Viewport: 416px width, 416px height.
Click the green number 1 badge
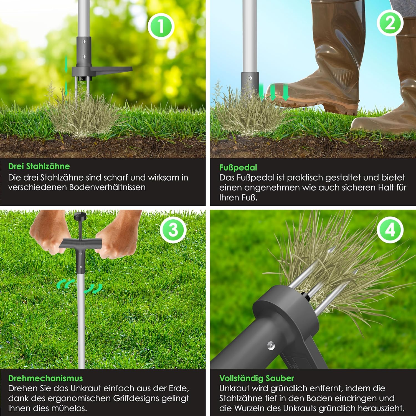(x=161, y=27)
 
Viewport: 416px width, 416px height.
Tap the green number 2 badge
(x=390, y=22)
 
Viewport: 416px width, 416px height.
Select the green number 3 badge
(x=173, y=230)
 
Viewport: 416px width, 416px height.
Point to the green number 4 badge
(x=390, y=230)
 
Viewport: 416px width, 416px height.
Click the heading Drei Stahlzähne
(x=39, y=166)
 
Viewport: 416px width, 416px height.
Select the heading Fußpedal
(x=238, y=168)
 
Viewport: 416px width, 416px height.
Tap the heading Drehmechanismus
(x=45, y=378)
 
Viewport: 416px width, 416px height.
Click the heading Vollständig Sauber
(x=257, y=378)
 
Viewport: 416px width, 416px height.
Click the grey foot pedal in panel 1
(x=111, y=69)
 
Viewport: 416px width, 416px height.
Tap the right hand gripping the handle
(x=116, y=236)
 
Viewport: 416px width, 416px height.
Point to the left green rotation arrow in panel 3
(x=66, y=284)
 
